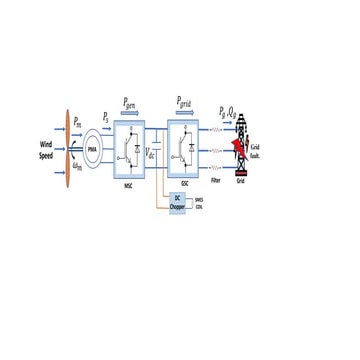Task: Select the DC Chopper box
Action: click(x=177, y=203)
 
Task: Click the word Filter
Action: click(x=216, y=185)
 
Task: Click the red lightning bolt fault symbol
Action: click(x=239, y=150)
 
